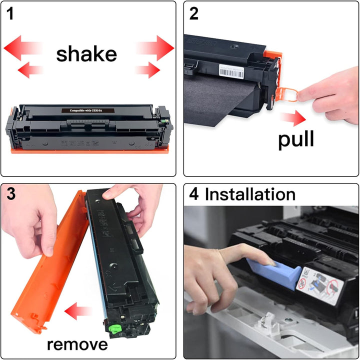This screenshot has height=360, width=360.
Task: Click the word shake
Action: (x=86, y=54)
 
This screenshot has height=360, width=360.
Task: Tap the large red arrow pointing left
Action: (x=22, y=48)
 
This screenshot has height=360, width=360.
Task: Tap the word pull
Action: (x=296, y=139)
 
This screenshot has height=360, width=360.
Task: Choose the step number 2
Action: (x=194, y=13)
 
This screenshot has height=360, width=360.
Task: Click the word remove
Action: (x=77, y=344)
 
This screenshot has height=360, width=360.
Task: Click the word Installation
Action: (x=250, y=194)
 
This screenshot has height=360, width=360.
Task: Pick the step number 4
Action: (x=194, y=194)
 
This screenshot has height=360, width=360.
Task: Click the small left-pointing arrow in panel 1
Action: (x=30, y=69)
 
